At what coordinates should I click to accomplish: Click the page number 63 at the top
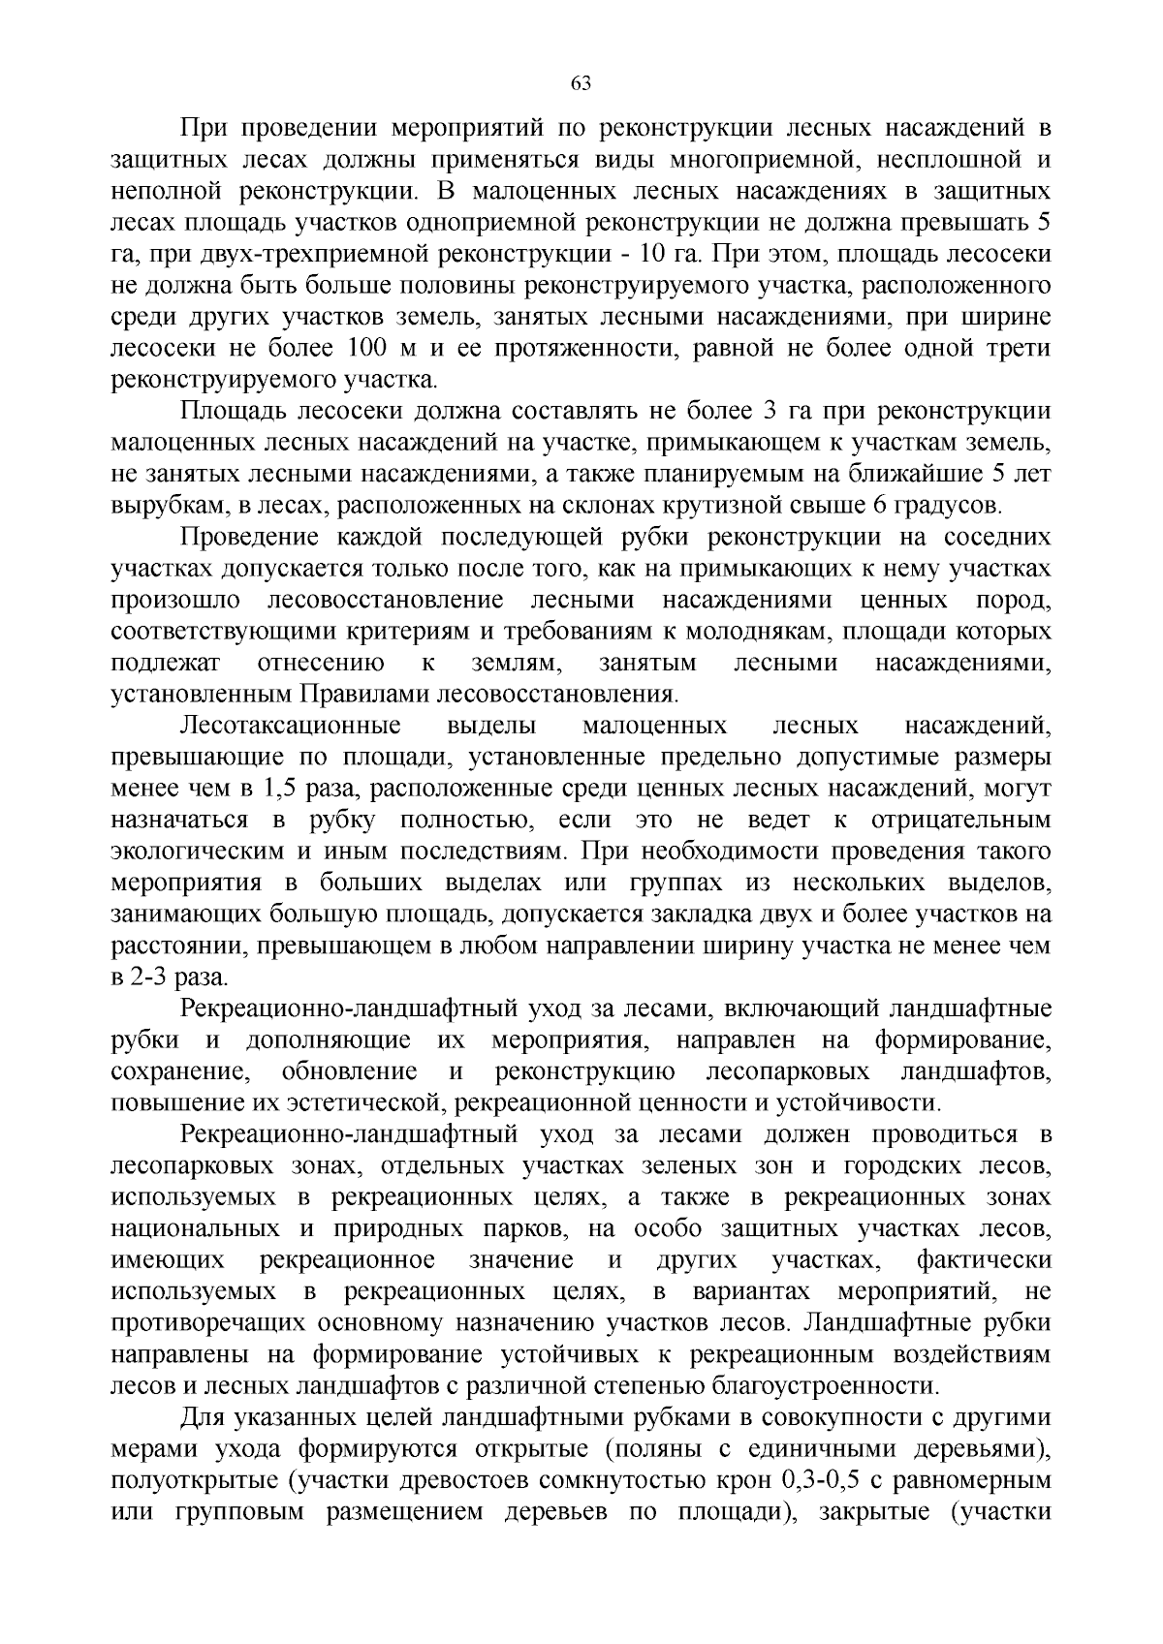coord(581,83)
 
